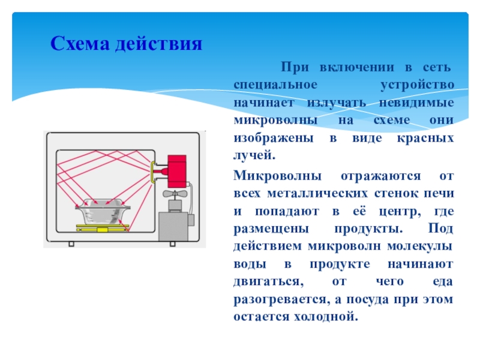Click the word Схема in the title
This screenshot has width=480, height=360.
click(76, 43)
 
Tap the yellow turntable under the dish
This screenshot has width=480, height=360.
click(102, 228)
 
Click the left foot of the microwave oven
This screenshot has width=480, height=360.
click(71, 244)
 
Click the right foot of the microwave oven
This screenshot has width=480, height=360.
click(172, 244)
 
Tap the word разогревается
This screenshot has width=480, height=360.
click(280, 298)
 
